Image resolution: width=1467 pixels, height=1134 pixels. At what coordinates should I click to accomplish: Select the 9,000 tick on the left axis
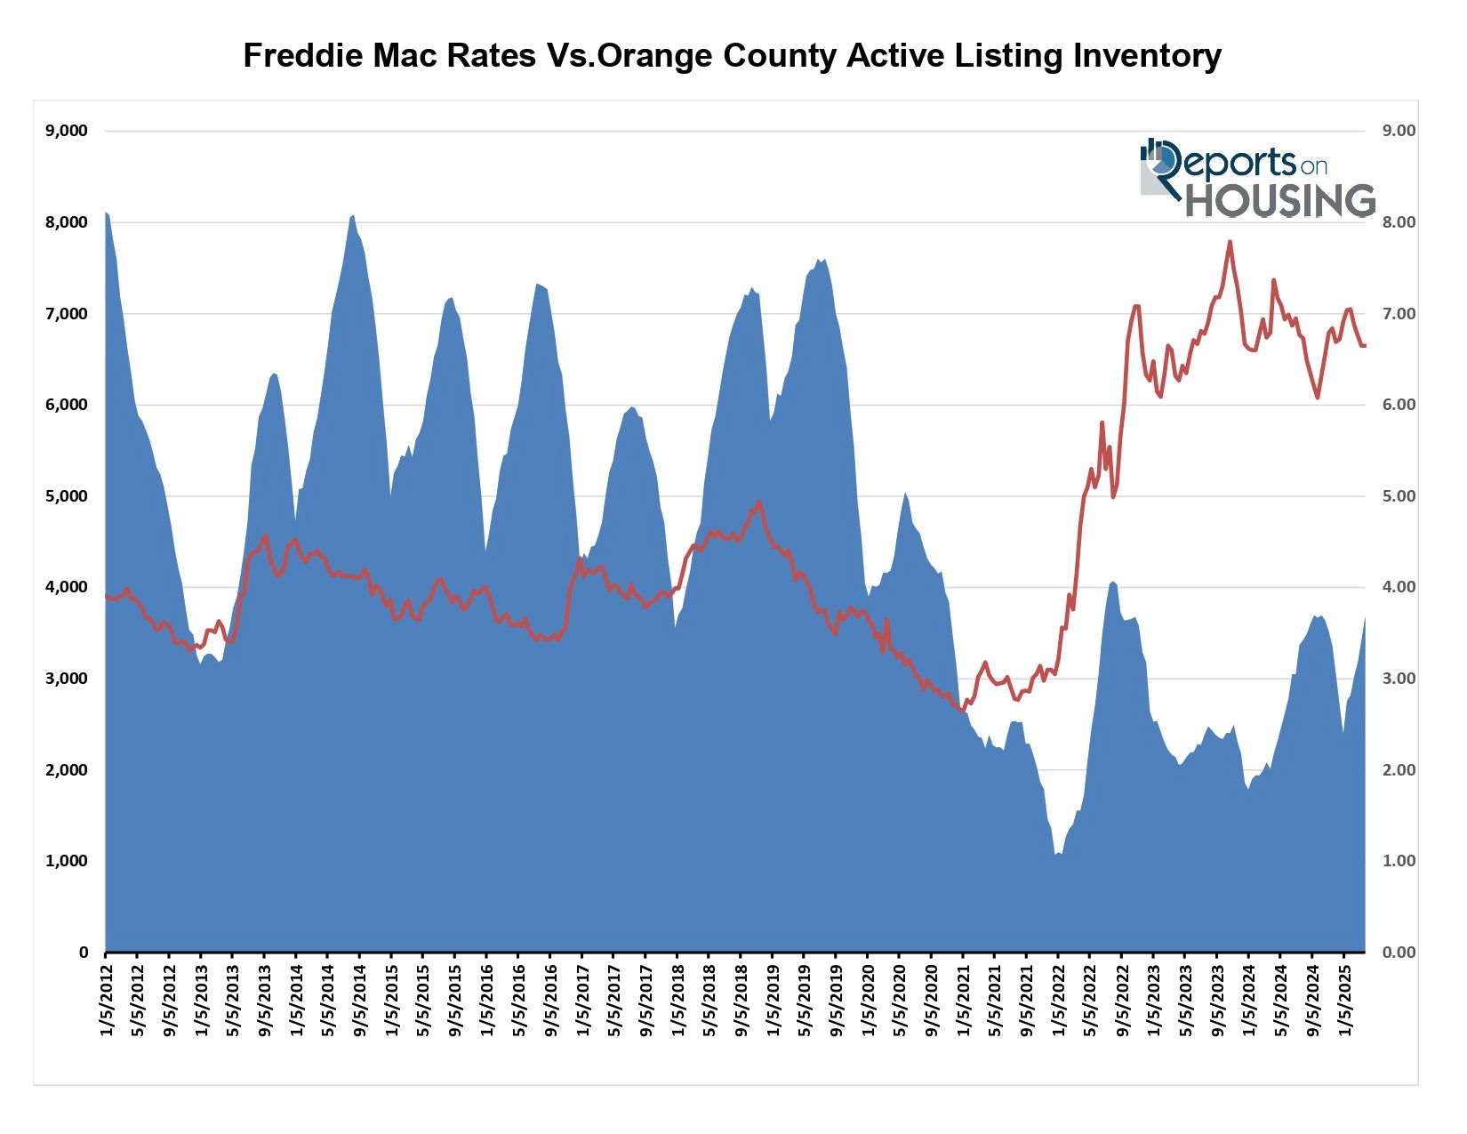[x=67, y=131]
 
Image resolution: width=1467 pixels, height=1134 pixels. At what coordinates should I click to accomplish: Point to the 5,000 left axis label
[x=67, y=496]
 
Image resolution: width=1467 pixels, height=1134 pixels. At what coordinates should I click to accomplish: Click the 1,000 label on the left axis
[x=67, y=861]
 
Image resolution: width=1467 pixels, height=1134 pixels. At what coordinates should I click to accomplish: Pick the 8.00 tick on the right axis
[x=1399, y=222]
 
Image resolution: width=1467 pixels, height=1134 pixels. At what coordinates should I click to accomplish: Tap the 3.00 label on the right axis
[x=1399, y=679]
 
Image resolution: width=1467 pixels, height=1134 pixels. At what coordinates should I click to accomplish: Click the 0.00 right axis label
[x=1399, y=953]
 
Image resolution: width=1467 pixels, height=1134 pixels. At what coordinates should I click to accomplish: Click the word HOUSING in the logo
[x=1280, y=200]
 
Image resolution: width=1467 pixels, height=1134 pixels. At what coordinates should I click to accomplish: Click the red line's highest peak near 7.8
[x=1230, y=241]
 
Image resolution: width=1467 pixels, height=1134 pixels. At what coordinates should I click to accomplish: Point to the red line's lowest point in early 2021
[x=963, y=710]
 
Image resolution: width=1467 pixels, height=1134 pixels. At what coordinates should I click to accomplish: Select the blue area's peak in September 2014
[x=353, y=215]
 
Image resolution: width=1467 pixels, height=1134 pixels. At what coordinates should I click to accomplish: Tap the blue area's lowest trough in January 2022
[x=1056, y=854]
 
